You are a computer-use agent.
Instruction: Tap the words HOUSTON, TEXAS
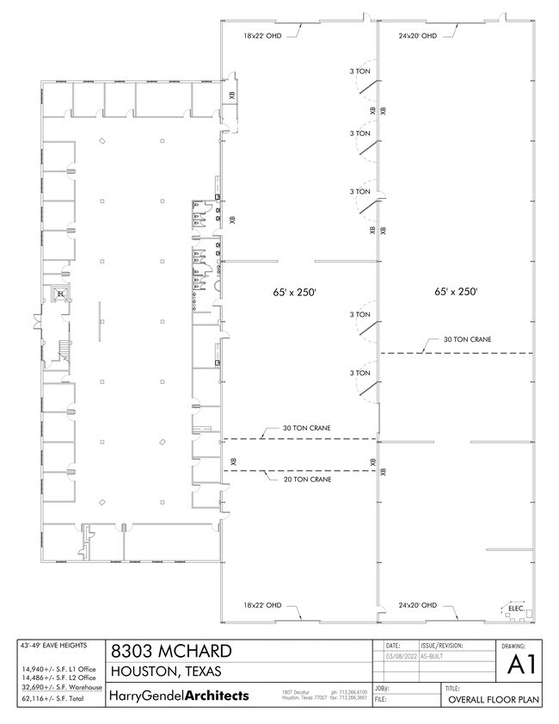coord(166,671)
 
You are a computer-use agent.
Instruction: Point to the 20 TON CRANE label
coord(308,479)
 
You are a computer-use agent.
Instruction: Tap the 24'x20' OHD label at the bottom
coord(418,605)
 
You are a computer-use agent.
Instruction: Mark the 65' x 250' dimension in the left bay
coord(291,293)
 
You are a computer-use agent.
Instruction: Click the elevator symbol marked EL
coord(60,294)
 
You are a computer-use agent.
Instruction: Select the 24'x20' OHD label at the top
coord(418,35)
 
